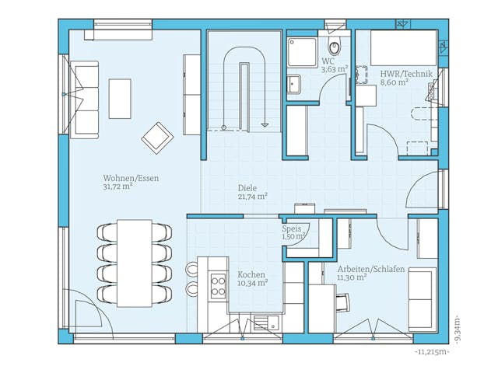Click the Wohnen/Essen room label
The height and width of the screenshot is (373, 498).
130,178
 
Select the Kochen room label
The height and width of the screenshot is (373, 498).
251,275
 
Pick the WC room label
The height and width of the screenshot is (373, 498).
328,61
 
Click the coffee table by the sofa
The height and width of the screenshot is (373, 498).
120,97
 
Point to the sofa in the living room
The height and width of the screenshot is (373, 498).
84,99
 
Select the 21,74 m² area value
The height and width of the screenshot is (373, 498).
252,197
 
